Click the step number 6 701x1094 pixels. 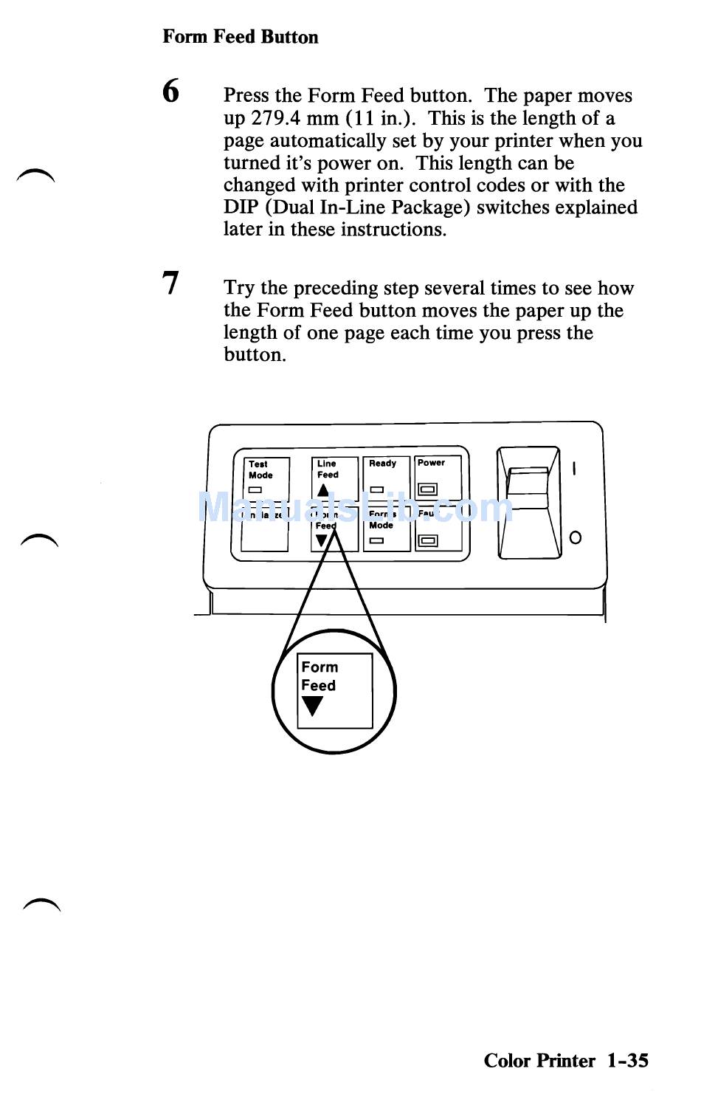point(170,92)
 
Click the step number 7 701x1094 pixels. point(170,283)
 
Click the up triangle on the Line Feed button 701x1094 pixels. point(323,489)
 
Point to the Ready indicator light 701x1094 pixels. point(376,489)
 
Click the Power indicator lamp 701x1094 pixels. point(427,489)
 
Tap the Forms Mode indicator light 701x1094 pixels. point(376,540)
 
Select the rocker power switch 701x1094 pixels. point(528,489)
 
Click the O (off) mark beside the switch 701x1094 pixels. point(576,537)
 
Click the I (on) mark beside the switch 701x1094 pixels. point(574,468)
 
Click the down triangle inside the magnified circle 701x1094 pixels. point(313,706)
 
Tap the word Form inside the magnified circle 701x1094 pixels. point(320,667)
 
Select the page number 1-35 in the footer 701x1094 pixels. point(628,1061)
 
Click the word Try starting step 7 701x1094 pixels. point(239,289)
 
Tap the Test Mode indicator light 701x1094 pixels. point(255,489)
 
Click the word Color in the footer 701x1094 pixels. point(507,1061)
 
